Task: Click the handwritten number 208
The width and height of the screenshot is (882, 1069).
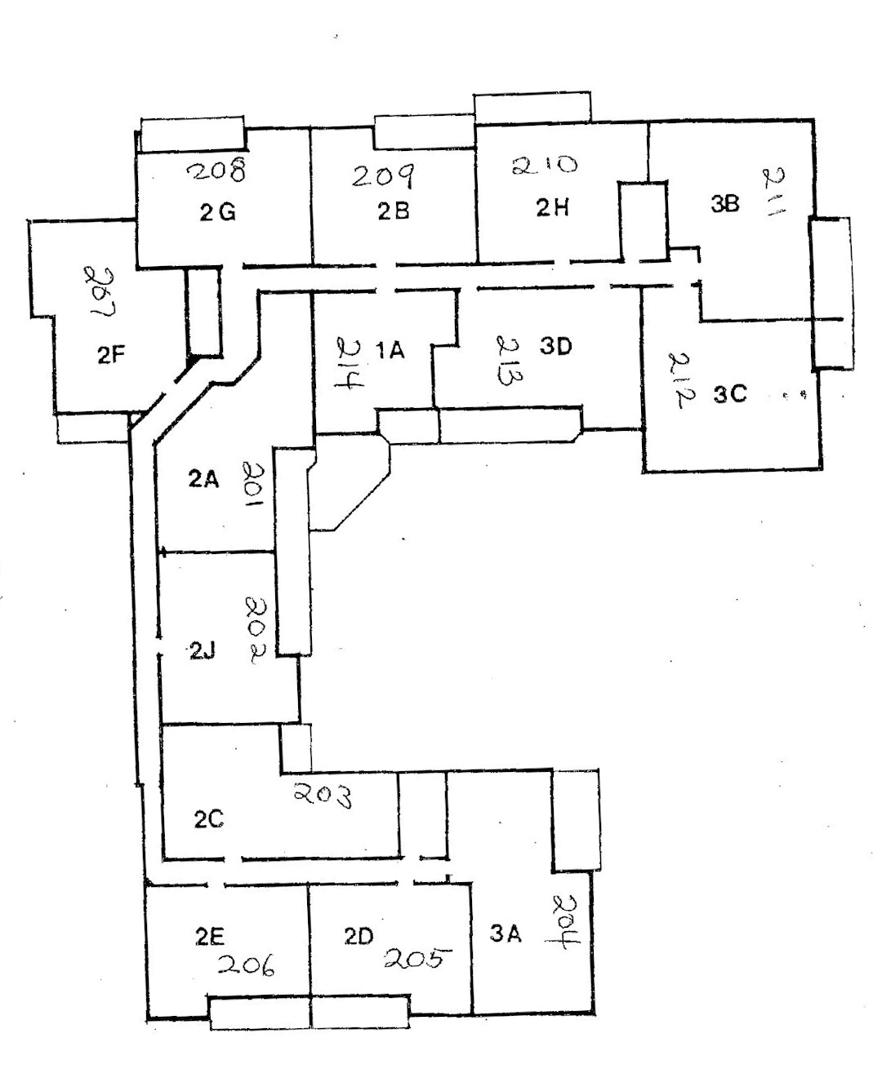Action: (x=217, y=171)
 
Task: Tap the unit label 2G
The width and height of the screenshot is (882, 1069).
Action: (x=217, y=213)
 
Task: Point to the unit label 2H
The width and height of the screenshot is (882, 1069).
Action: (x=553, y=208)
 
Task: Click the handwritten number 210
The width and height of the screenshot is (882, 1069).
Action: (x=545, y=166)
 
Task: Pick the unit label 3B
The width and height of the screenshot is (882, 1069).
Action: (x=724, y=204)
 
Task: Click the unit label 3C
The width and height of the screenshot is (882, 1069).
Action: (x=730, y=393)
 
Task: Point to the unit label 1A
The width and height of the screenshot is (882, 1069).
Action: (x=390, y=351)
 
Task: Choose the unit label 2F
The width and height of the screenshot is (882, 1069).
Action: (x=110, y=355)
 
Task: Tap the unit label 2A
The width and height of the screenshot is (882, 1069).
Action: (x=203, y=479)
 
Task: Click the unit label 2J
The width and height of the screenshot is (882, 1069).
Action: (x=203, y=650)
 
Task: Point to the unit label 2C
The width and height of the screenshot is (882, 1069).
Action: (x=209, y=820)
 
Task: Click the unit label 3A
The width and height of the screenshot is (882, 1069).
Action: (x=505, y=935)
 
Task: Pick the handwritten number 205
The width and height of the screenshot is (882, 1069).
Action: (x=416, y=958)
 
